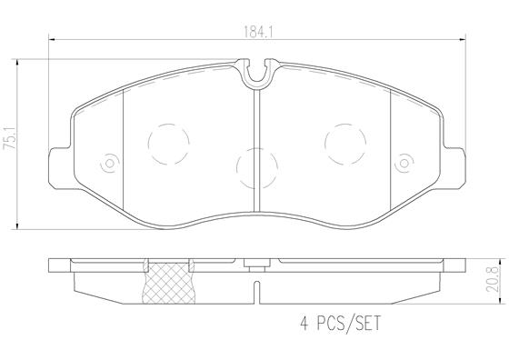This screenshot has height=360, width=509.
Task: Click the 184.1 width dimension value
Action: point(258,32)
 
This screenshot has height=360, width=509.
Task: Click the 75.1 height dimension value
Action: point(11,138)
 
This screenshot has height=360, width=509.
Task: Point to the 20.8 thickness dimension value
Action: point(493,279)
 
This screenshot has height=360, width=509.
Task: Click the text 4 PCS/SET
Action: point(340,323)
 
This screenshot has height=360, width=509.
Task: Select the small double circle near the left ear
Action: point(110,163)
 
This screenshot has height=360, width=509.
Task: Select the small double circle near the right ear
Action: point(404,163)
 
